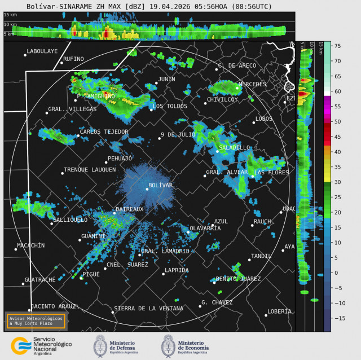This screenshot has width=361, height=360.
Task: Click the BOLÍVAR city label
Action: point(160,185)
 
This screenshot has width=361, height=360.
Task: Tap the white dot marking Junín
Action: point(156,84)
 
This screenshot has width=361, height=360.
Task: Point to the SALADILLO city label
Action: point(234,147)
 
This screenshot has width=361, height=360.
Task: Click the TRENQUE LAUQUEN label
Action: point(90,170)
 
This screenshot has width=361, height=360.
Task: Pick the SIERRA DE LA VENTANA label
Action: point(149,309)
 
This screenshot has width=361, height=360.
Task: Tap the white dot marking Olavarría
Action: point(188,232)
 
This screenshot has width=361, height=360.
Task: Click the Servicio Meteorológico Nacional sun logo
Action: point(21,345)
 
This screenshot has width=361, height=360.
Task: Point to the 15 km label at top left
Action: point(10,15)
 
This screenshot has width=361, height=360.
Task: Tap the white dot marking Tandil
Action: point(249,260)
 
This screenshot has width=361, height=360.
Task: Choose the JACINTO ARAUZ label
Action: point(53,306)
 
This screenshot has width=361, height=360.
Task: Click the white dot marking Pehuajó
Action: point(105,163)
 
